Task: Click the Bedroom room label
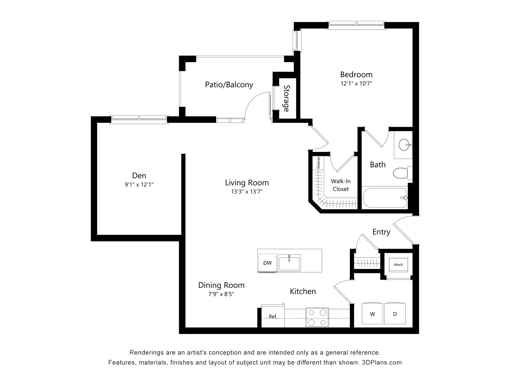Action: (356, 75)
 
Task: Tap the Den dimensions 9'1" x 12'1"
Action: (139, 185)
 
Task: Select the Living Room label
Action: (247, 183)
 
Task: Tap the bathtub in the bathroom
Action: (385, 198)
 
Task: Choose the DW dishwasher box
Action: (267, 263)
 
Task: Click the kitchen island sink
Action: (289, 263)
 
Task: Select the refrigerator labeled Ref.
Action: (273, 316)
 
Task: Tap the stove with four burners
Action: (317, 318)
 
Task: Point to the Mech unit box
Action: (398, 265)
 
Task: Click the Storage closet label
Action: (286, 98)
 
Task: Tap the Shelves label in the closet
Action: (318, 163)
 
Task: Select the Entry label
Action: (381, 232)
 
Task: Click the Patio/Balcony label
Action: (229, 85)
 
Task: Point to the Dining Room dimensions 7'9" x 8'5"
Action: (221, 294)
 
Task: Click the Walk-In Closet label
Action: (341, 185)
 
